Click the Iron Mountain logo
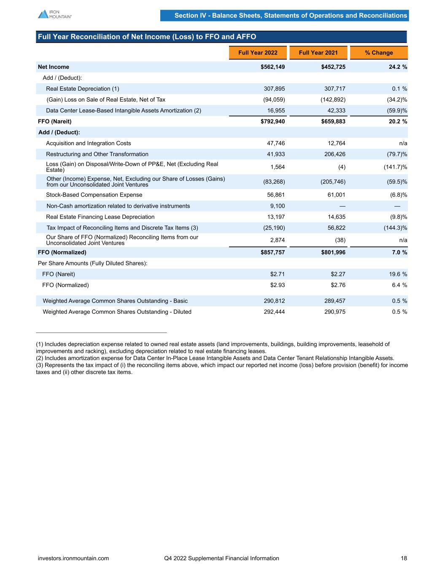coord(54,14)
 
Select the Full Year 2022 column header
coord(258,53)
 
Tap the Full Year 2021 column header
coord(318,53)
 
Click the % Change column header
coord(379,53)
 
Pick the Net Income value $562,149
coord(272,67)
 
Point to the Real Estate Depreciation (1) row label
coord(82,89)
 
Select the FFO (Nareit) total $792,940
coord(272,122)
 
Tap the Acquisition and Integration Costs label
coord(88,143)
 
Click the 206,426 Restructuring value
coord(333,154)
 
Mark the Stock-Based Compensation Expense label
coord(94,195)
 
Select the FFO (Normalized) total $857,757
coord(272,252)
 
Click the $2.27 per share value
coord(338,274)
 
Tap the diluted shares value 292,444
coord(274,312)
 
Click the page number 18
coord(404,558)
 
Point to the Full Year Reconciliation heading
coord(147,37)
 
